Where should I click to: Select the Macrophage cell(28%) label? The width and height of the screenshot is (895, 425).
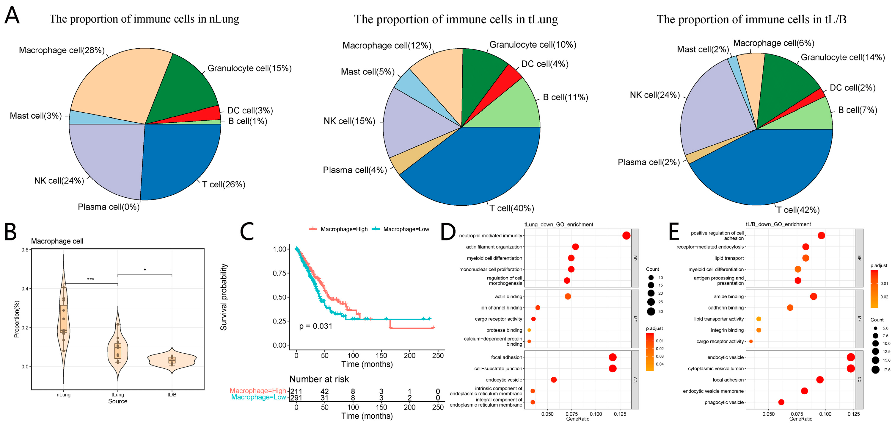coord(62,50)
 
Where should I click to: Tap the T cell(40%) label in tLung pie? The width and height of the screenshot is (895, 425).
coord(511,208)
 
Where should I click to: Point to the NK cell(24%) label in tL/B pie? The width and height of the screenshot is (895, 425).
coord(654,95)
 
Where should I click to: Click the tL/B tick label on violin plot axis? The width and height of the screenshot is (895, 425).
coord(172,395)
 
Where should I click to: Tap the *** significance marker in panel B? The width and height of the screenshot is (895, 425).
coord(90,279)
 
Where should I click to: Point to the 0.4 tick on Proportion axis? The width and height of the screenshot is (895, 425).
coord(25,289)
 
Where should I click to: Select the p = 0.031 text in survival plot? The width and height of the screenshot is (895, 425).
coord(315,326)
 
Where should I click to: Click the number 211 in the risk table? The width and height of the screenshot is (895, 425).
coord(296,391)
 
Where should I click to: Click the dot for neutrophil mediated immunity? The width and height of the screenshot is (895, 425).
coord(626,236)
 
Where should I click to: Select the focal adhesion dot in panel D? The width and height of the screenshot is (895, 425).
coord(613,357)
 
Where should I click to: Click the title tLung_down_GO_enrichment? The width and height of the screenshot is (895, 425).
coord(559,224)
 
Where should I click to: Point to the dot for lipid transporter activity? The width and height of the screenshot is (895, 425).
coord(759,319)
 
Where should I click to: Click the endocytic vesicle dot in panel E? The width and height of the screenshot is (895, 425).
coord(850,357)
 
